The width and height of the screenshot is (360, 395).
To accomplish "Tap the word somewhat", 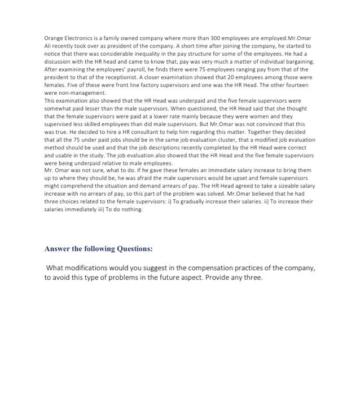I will click(57, 109).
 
